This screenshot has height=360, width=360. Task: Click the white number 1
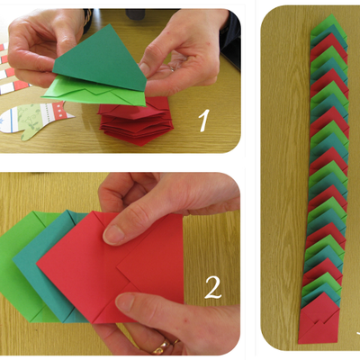click(204, 121)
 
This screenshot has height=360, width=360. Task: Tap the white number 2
click(213, 287)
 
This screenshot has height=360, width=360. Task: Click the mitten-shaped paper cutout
click(36, 120)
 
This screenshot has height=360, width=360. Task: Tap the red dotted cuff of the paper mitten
click(60, 111)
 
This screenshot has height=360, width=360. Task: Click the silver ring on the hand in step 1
click(172, 68)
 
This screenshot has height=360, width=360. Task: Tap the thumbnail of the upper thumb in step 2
click(113, 235)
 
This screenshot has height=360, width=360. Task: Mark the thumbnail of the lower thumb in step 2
click(126, 303)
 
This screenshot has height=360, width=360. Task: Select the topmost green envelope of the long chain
click(330, 25)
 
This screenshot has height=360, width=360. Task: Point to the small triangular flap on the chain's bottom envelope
click(319, 325)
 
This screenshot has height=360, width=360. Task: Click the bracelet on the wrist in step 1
click(87, 17)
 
